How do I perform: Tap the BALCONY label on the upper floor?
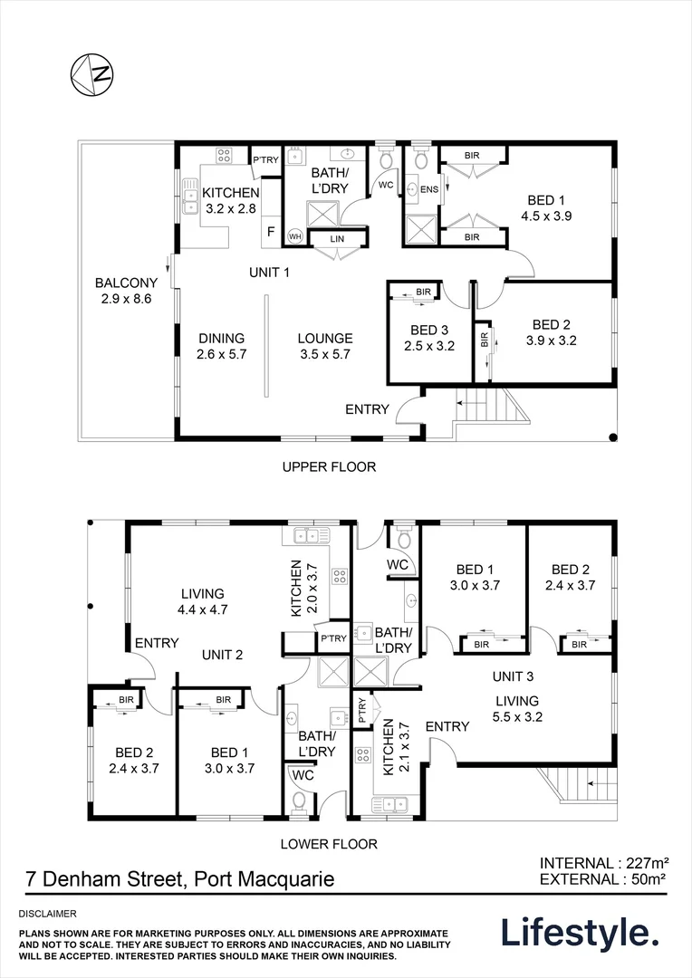127,283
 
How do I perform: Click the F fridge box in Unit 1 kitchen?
270,232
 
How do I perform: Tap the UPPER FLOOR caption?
328,467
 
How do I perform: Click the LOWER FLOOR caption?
330,844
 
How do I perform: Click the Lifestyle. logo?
580,933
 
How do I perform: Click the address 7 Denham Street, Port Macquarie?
178,878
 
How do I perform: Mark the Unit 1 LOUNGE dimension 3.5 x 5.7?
324,355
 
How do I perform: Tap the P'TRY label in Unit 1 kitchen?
265,160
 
